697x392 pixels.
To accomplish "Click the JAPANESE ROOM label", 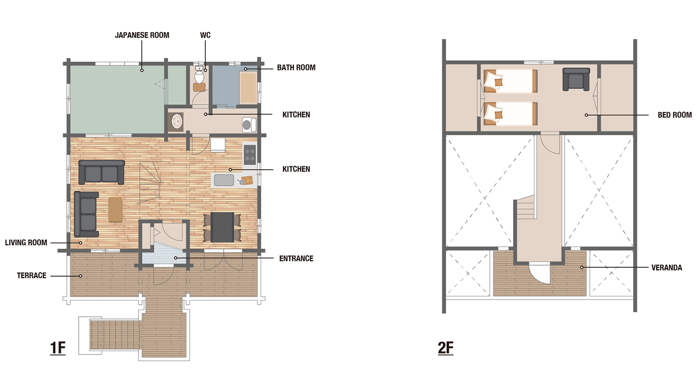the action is [142, 35].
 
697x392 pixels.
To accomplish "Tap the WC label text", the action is [205, 35].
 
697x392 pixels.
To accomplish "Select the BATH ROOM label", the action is [296, 67].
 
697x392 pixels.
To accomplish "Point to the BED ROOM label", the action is [675, 115].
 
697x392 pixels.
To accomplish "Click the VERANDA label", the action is [667, 267].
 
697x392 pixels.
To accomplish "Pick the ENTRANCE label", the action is [296, 258].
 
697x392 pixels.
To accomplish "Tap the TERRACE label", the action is [31, 275].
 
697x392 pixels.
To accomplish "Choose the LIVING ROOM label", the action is [26, 242].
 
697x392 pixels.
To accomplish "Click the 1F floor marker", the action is [58, 347].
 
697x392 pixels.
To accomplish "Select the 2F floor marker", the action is [446, 347].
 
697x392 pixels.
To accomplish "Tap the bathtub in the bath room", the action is [248, 87].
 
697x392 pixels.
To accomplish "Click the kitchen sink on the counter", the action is [224, 180].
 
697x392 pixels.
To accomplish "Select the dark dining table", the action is [222, 227].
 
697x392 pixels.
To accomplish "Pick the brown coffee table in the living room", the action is [115, 210].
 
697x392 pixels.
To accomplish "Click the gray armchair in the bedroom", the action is [576, 79].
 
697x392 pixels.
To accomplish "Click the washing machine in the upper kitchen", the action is [249, 125].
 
